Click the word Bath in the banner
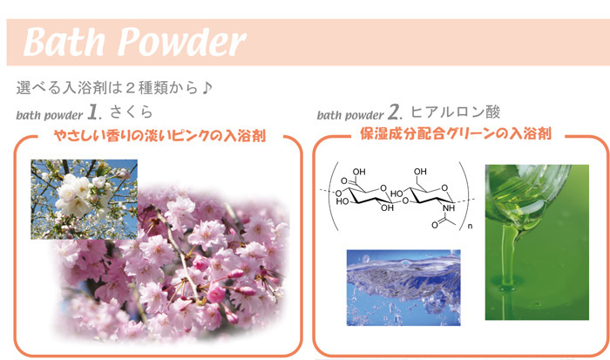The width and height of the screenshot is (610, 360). tap(64, 42)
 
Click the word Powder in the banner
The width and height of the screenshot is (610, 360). tap(182, 42)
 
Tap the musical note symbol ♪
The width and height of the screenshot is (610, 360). tap(207, 87)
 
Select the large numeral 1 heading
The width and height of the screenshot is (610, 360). tap(94, 112)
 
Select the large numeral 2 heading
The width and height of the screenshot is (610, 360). tap(395, 112)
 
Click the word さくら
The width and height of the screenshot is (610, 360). tap(132, 112)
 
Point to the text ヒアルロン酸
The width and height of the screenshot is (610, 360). tap(455, 112)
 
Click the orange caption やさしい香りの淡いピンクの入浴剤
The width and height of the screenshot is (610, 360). tap(159, 135)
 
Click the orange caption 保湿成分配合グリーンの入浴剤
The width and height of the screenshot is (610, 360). tap(456, 133)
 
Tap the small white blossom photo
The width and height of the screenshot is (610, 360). tap(84, 200)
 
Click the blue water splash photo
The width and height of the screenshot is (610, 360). tap(403, 288)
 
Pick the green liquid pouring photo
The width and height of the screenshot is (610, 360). tap(537, 242)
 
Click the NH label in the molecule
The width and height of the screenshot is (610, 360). tap(449, 208)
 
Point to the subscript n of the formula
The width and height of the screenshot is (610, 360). tap(470, 226)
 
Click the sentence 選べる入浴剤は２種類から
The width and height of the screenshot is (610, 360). tap(108, 87)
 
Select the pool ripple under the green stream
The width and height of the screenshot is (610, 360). tap(506, 288)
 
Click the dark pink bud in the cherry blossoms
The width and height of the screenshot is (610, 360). tap(216, 294)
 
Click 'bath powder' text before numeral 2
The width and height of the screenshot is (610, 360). tap(350, 115)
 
